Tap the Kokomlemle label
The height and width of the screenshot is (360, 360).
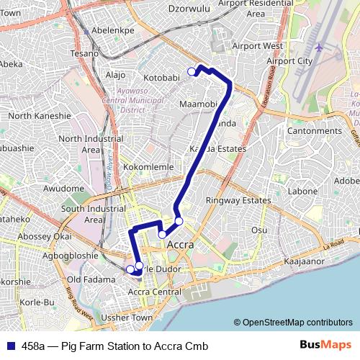pyautogui.click(x=145, y=166)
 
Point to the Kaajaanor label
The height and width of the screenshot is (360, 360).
pyautogui.click(x=305, y=262)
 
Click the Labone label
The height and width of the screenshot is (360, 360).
pyautogui.click(x=302, y=192)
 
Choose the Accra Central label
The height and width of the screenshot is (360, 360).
pyautogui.click(x=154, y=292)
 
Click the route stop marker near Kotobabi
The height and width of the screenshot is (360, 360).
pyautogui.click(x=192, y=71)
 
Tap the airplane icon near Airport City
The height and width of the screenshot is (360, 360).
pyautogui.click(x=319, y=48)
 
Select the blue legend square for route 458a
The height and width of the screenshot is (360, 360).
pyautogui.click(x=9, y=346)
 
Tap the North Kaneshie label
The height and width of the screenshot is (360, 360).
pyautogui.click(x=40, y=115)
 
